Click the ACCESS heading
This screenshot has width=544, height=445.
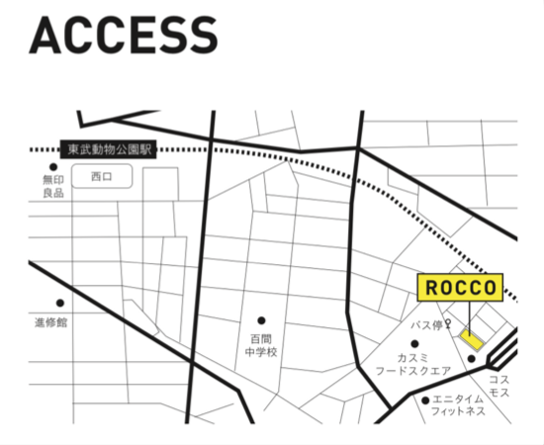coord(124,35)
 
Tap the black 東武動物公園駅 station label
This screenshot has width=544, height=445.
coord(108,149)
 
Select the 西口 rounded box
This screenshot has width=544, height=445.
coord(102,176)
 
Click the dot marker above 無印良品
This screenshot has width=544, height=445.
coord(53,167)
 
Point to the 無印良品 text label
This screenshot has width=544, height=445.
coord(53,186)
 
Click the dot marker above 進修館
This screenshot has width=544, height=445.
coord(60,304)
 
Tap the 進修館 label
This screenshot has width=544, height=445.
coord(50,322)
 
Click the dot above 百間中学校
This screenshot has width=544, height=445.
coord(261,320)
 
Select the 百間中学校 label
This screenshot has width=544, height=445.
coord(261,345)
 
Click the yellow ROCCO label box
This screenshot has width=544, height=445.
coord(460,287)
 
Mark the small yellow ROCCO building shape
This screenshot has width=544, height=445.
coord(472,339)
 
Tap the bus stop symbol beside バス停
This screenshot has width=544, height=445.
coord(448,324)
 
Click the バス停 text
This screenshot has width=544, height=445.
coord(426,325)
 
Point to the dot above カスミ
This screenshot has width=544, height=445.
coord(414,344)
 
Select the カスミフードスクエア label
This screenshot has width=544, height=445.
coord(413,364)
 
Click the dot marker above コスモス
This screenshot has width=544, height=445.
coord(471,359)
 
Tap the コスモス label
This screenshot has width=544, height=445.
coord(499,386)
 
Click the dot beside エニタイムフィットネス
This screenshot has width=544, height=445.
coord(425,400)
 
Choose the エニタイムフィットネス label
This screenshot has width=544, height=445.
coord(458,405)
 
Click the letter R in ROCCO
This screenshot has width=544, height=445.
coord(431,288)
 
